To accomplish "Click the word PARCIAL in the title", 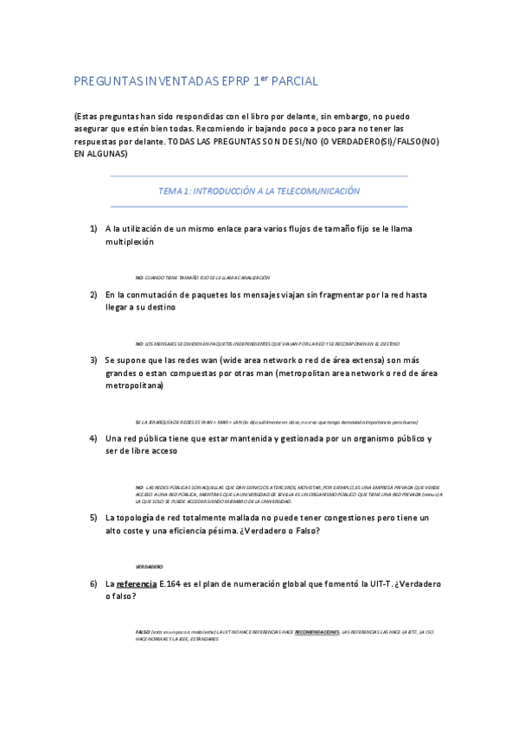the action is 296,82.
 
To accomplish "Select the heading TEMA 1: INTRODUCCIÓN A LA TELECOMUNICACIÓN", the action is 259,191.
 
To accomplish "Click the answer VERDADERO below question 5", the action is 149,566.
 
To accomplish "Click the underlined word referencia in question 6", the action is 137,583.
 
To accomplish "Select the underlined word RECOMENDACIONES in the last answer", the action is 317,632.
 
